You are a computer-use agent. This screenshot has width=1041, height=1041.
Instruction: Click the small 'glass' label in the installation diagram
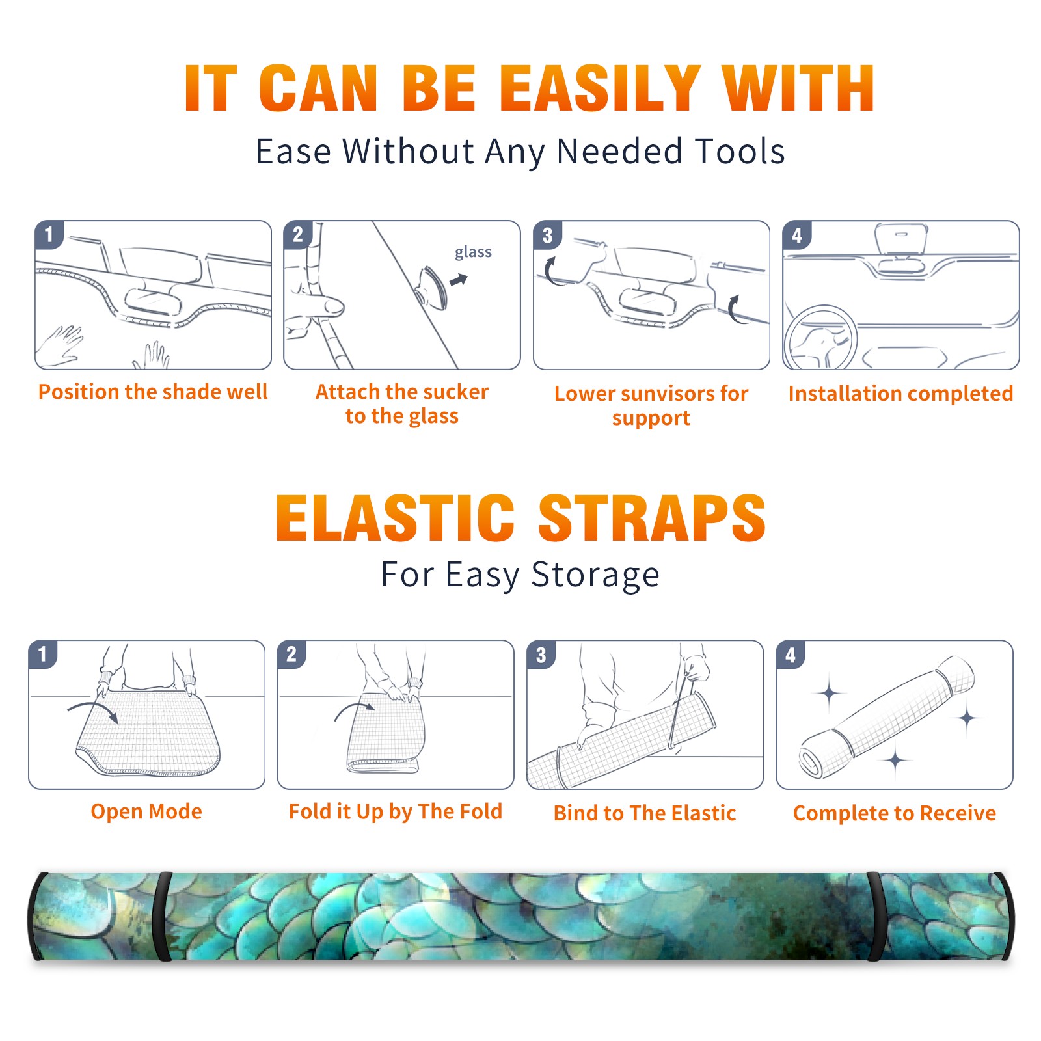tap(473, 252)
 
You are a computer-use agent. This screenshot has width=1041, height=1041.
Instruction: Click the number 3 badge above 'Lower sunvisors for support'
tap(547, 236)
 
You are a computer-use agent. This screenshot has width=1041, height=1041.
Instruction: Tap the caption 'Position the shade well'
tap(153, 392)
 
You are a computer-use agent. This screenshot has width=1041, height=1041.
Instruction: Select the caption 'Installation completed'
tap(900, 394)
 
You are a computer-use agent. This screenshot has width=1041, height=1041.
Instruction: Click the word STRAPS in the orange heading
tap(652, 518)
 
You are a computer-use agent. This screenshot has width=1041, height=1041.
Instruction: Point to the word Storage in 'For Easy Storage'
tap(595, 576)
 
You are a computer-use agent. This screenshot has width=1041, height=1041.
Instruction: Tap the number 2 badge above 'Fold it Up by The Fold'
tap(291, 655)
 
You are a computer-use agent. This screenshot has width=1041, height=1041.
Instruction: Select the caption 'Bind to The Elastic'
tap(645, 813)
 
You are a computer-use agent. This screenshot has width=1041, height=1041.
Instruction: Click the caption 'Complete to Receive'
tap(895, 813)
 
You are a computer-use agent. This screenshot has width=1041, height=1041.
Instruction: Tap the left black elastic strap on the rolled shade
tap(163, 916)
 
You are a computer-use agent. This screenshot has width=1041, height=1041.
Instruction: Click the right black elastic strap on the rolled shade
tap(876, 916)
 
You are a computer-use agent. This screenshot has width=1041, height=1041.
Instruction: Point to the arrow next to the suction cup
tap(459, 280)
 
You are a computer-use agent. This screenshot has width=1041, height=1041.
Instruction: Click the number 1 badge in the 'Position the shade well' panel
tap(49, 234)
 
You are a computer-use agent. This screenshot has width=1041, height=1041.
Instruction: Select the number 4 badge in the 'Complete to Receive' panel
tap(791, 655)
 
